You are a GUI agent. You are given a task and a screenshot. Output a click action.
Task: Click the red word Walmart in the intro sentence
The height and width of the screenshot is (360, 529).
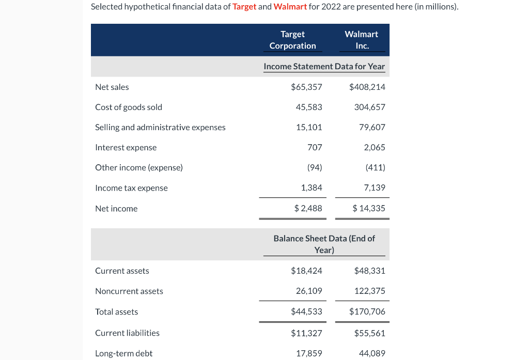tap(290, 7)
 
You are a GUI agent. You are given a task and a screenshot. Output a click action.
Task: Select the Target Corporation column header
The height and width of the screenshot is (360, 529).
tap(292, 40)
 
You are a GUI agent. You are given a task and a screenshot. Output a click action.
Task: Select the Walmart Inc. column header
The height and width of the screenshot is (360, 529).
tap(362, 40)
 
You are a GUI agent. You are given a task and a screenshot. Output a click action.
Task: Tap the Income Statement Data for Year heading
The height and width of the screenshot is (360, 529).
tap(324, 66)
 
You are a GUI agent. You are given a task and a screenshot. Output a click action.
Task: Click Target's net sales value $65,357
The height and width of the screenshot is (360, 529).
tap(306, 87)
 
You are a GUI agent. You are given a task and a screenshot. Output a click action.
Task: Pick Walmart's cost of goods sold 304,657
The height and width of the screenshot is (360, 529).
tap(369, 107)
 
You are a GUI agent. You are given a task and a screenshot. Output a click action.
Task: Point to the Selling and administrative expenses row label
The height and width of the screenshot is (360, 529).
tap(160, 127)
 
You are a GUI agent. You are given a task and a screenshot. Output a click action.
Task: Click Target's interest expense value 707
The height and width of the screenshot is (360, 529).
tap(314, 147)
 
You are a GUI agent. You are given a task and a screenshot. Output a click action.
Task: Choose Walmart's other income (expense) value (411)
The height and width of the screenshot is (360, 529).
tap(375, 167)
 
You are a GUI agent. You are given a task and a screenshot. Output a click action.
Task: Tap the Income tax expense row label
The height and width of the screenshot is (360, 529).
tap(131, 188)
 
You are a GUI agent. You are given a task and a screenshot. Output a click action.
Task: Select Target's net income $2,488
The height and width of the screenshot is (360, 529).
tap(308, 208)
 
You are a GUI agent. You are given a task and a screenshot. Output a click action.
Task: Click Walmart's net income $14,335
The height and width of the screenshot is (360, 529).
tap(369, 208)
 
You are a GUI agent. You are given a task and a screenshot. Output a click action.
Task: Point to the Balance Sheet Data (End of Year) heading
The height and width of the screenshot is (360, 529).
tap(324, 244)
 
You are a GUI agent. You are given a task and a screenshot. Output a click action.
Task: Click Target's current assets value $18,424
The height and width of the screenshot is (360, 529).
tap(306, 271)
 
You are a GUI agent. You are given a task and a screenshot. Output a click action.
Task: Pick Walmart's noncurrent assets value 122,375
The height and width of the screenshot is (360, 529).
tap(369, 291)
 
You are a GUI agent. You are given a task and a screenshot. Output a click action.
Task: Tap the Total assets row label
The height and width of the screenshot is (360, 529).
tap(116, 312)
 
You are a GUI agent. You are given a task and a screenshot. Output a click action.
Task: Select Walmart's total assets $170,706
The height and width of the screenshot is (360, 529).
tap(367, 312)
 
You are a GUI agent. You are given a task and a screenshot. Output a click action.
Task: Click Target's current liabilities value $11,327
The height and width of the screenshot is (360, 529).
tap(306, 333)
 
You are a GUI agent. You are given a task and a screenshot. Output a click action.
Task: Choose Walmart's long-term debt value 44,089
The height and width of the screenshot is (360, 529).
tap(372, 353)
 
